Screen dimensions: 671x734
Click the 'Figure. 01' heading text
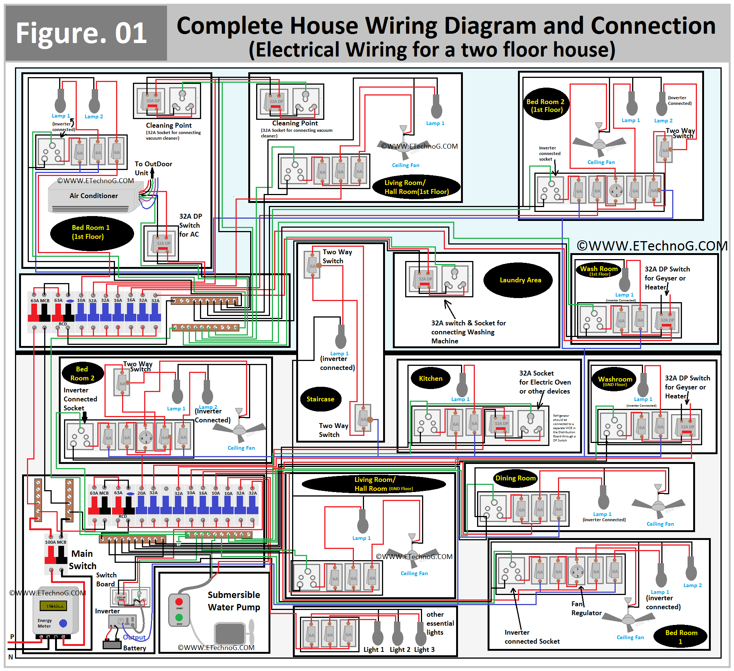pos(81,33)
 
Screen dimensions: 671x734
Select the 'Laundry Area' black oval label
pos(519,280)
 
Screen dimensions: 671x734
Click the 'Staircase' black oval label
pos(321,399)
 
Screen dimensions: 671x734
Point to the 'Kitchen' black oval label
pos(430,379)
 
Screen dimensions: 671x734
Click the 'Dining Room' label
pos(516,478)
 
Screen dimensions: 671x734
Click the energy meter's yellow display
pos(54,605)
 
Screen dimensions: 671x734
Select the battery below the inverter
pos(112,644)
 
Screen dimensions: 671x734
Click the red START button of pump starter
pos(179,601)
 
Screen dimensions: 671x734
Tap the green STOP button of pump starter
pos(179,617)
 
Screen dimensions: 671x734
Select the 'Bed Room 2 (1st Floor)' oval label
pos(546,105)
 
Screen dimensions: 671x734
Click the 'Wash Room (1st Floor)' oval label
pos(599,270)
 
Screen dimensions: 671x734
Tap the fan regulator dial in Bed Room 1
pos(577,571)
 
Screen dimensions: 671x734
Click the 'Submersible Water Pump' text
pos(234,601)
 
